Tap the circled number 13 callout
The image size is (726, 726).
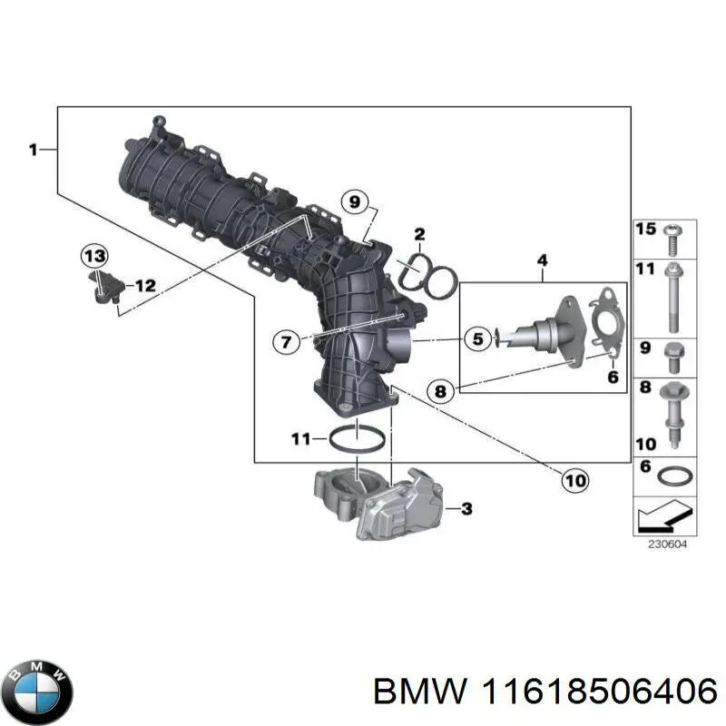tap(93, 256)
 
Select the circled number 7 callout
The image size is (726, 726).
tap(285, 342)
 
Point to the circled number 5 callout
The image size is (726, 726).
tap(476, 339)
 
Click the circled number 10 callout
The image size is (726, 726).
tap(574, 480)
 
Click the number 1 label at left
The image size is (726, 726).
tap(33, 150)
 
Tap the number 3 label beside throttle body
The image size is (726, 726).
tap(466, 509)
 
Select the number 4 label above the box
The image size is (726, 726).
tap(542, 262)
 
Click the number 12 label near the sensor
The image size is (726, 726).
tap(145, 285)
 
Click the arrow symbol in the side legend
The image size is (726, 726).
tap(658, 518)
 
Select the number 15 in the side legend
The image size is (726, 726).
tap(645, 231)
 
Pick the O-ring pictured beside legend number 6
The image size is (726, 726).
tap(672, 476)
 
